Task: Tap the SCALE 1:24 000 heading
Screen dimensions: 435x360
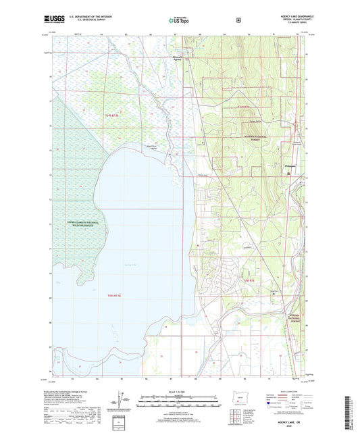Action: point(178,392)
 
